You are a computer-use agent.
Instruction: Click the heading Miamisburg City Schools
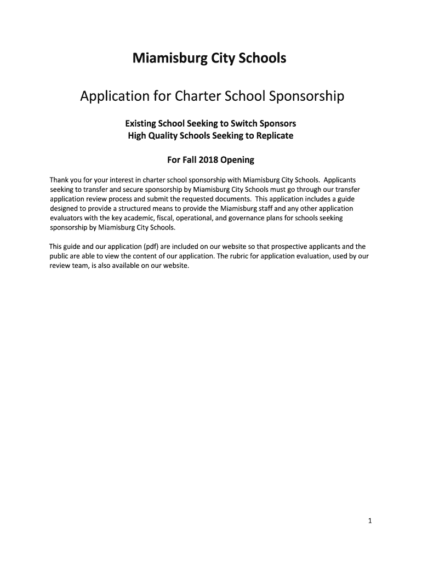click(209, 58)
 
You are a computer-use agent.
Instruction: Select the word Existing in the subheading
click(141, 123)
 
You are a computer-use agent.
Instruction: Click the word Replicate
click(272, 135)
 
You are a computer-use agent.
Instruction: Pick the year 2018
click(208, 160)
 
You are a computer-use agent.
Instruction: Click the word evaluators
click(67, 218)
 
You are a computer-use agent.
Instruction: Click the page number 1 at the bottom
click(370, 521)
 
